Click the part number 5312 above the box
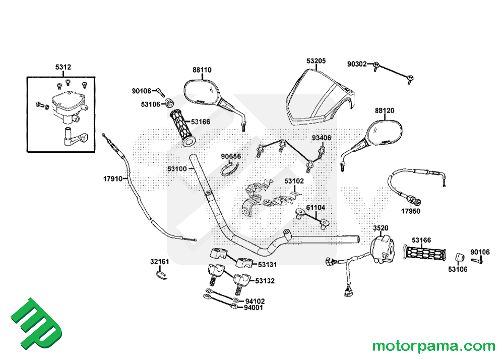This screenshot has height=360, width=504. pyautogui.click(x=63, y=67)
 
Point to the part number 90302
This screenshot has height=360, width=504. pyautogui.click(x=359, y=64)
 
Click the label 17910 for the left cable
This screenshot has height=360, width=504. pyautogui.click(x=113, y=179)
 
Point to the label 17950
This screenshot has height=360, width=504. pyautogui.click(x=410, y=211)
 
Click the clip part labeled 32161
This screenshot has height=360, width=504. pyautogui.click(x=161, y=273)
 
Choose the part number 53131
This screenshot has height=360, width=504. pyautogui.click(x=267, y=265)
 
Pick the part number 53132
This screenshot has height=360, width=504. pyautogui.click(x=265, y=281)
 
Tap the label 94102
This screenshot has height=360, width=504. pyautogui.click(x=255, y=301)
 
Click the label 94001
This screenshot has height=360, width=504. pyautogui.click(x=254, y=308)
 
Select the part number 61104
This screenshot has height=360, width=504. pyautogui.click(x=316, y=207)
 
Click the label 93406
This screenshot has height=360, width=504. pyautogui.click(x=321, y=138)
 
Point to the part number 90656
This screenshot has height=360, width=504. pyautogui.click(x=231, y=156)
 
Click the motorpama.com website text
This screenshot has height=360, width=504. pyautogui.click(x=433, y=346)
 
